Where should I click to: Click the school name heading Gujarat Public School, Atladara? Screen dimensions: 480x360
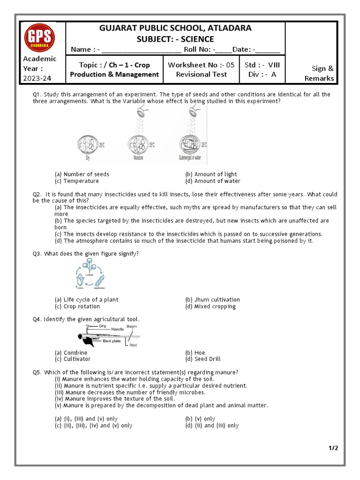tap(175, 28)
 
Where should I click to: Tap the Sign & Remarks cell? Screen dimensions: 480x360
tap(319, 74)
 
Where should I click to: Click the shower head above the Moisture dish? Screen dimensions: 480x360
tap(140, 112)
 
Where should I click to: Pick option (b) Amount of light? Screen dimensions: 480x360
tap(211, 174)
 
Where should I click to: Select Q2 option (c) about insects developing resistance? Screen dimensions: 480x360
tap(188, 234)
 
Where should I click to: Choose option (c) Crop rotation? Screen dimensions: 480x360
tap(77, 307)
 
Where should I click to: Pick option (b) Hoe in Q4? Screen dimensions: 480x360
tap(195, 352)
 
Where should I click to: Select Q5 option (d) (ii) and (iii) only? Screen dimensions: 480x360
tap(212, 426)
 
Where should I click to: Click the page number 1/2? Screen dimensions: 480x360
tap(333, 448)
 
